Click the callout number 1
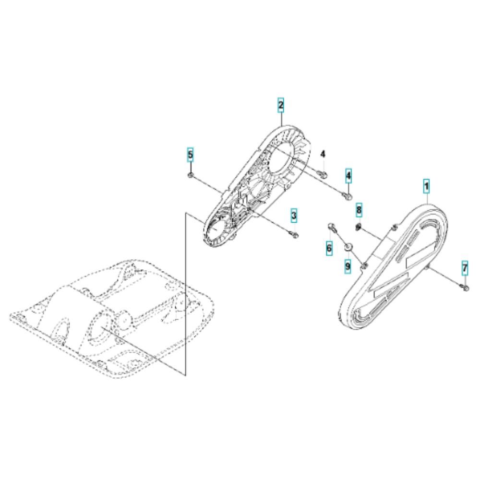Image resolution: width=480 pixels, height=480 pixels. (x=426, y=186)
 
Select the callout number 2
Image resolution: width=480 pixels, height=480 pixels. (x=281, y=105)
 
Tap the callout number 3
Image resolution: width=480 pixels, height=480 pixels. (x=294, y=216)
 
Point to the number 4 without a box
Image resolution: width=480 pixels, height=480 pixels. (x=323, y=154)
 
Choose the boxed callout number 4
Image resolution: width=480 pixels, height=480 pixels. (x=348, y=176)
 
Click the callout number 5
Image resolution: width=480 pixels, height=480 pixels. (x=191, y=155)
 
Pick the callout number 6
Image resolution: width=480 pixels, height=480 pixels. (x=329, y=247)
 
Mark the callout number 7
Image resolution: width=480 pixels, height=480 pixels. (x=465, y=269)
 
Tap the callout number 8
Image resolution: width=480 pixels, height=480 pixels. (x=359, y=210)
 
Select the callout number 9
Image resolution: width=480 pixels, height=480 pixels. (x=348, y=266)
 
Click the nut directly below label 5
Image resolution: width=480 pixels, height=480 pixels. (x=191, y=175)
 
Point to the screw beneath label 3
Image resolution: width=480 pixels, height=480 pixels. (x=295, y=234)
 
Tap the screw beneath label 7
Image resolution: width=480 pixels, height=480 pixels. (x=465, y=287)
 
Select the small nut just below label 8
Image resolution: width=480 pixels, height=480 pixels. (x=359, y=227)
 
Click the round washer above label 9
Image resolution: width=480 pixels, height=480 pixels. (x=348, y=247)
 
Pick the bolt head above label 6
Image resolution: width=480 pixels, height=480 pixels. (x=332, y=227)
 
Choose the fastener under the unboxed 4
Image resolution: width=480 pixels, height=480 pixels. (x=323, y=174)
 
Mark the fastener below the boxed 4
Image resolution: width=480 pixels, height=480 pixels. (x=348, y=196)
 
